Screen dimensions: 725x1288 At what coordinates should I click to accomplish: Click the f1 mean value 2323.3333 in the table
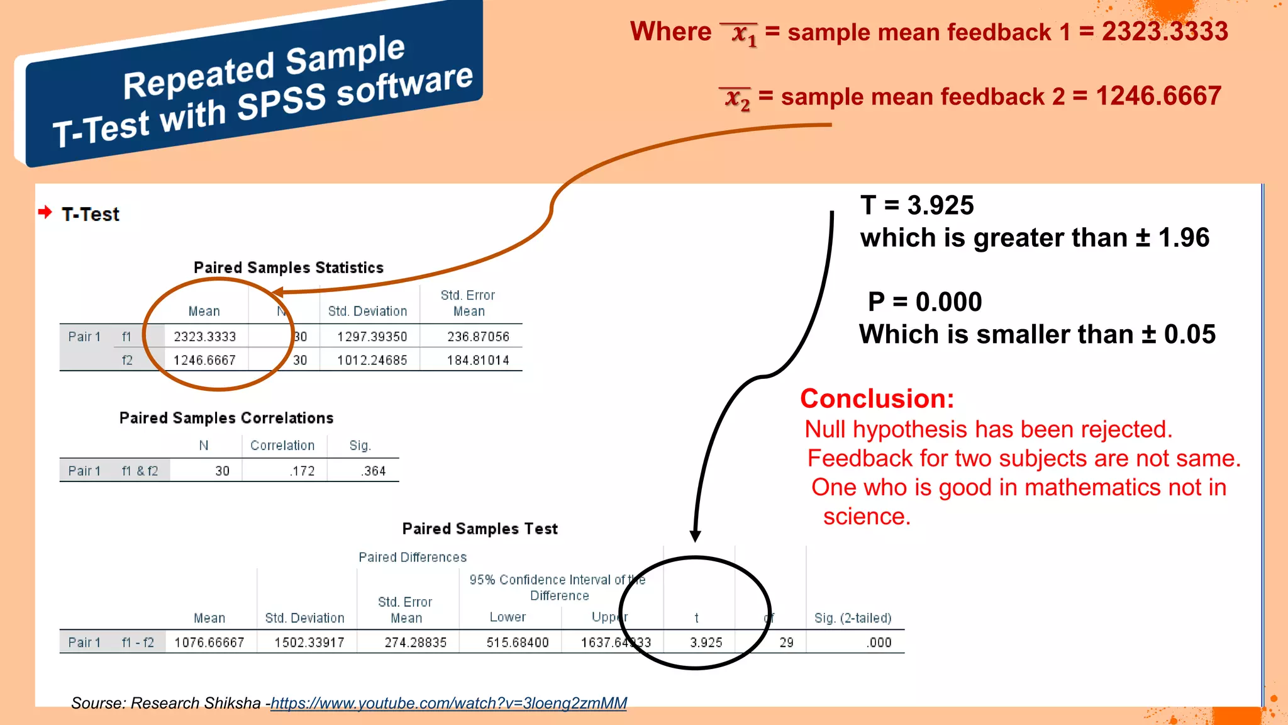coord(204,337)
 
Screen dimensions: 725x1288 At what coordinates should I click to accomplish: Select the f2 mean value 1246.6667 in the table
coord(204,360)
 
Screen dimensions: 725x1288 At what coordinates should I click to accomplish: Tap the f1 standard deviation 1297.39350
coord(372,337)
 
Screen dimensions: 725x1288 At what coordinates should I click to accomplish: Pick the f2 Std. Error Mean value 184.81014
coord(478,360)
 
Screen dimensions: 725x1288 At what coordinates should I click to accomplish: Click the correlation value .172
coord(303,471)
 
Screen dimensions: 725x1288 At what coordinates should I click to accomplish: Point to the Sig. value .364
coord(374,471)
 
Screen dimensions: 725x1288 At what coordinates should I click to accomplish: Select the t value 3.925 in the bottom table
coord(706,643)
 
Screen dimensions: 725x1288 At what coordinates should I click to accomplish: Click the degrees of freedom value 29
coord(786,643)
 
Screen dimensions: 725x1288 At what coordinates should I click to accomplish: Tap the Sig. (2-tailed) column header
coord(853,618)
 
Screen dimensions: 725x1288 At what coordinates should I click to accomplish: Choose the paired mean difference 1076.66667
coord(209,643)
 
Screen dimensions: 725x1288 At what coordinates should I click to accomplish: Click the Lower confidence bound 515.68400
coord(518,643)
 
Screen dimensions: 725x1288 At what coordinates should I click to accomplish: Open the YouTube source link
coord(448,703)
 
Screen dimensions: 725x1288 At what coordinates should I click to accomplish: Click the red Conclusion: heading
coord(877,398)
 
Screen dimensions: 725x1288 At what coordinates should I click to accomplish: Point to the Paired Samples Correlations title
coord(226,418)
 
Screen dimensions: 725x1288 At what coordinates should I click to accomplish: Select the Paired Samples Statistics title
coord(289,267)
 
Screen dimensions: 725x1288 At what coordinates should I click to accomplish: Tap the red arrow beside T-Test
coord(45,212)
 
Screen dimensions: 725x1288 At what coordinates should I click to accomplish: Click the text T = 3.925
coord(917,205)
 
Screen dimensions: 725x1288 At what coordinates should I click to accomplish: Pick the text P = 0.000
coord(924,301)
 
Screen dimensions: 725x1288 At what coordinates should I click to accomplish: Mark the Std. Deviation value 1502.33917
coord(309,643)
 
